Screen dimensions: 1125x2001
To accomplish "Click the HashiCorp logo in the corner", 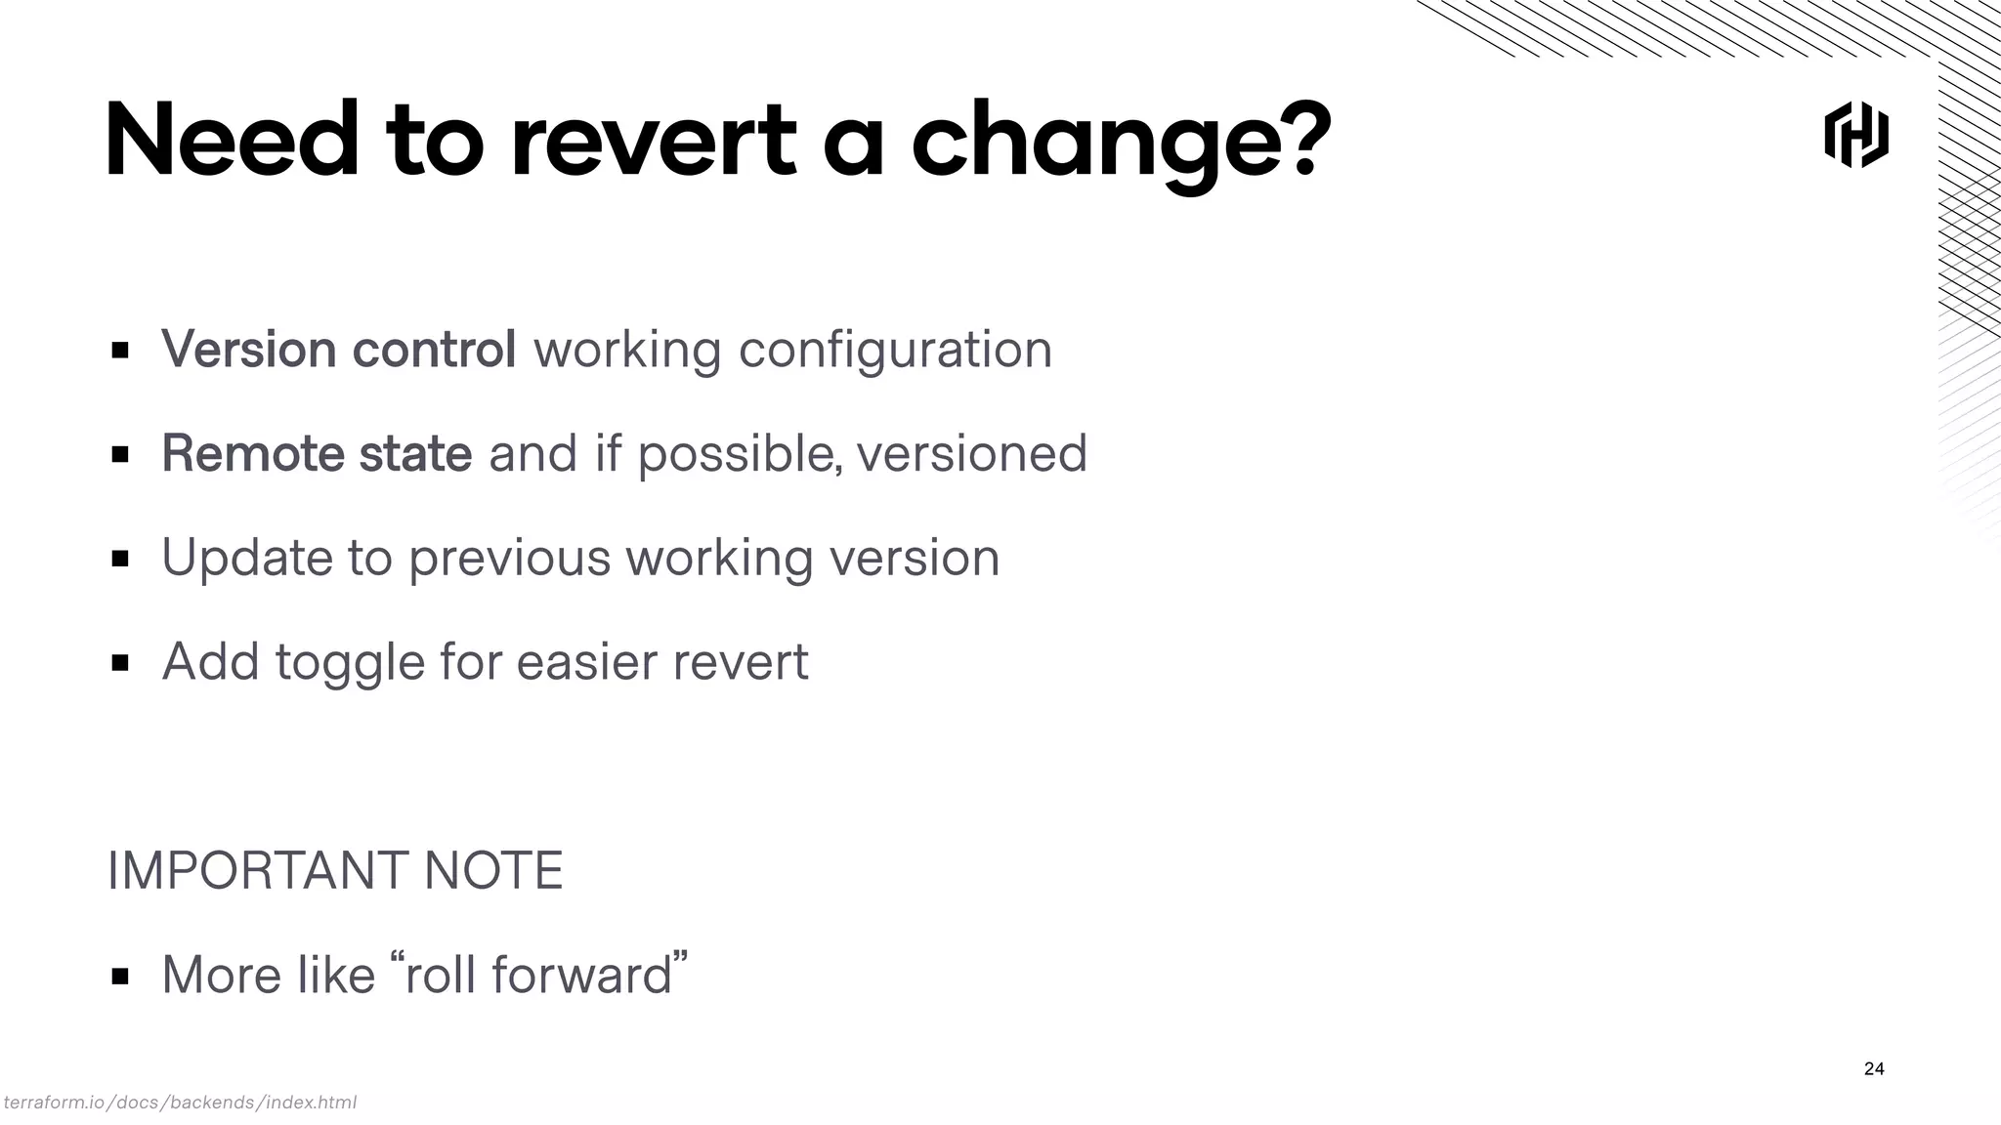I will pos(1856,135).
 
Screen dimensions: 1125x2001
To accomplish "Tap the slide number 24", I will pos(1874,1068).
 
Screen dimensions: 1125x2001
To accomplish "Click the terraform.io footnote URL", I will pos(180,1103).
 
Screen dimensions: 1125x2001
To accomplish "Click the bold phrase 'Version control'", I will pos(338,349).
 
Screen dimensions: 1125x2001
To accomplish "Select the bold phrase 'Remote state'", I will pos(317,453).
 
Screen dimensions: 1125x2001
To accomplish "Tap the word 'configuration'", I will pos(895,349).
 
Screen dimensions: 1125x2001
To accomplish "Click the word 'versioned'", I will pos(971,453).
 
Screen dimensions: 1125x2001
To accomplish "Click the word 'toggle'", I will pos(350,662).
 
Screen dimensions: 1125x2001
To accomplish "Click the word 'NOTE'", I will pos(493,870).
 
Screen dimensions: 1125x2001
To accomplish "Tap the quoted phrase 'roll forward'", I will pos(538,975).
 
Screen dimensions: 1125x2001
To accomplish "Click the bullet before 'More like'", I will pos(120,976).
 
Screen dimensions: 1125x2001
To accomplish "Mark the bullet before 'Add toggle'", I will pos(120,663).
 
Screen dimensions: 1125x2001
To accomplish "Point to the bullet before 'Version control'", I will pos(120,350).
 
